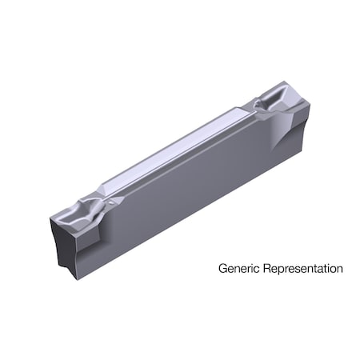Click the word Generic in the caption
point(237,269)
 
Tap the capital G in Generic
point(223,269)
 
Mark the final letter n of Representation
point(339,269)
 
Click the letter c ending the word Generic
point(254,269)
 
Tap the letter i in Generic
point(249,269)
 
